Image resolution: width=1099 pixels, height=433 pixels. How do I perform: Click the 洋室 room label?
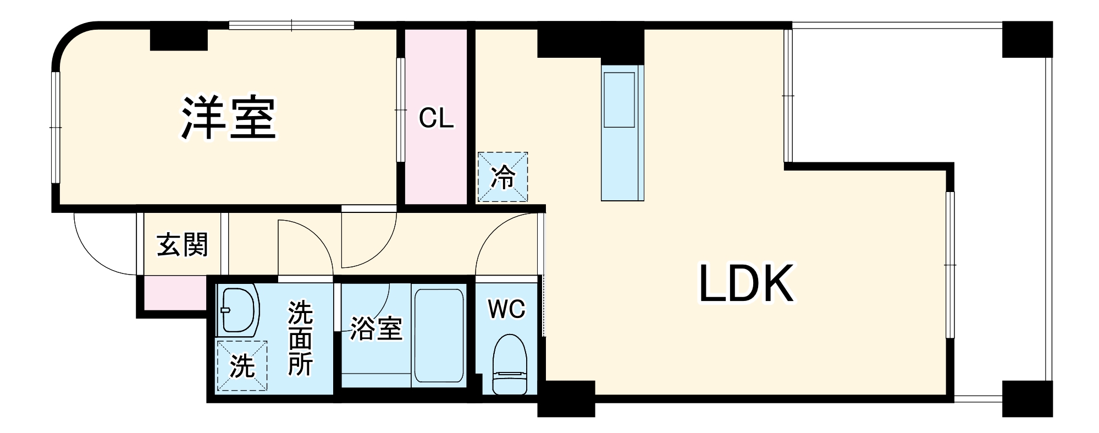tap(228, 118)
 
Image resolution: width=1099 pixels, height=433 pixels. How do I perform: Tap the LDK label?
tap(746, 283)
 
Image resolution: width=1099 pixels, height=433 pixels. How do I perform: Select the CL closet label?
tap(436, 118)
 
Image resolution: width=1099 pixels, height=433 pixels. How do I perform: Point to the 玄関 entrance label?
tap(183, 245)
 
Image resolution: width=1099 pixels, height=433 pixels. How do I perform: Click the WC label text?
tap(506, 309)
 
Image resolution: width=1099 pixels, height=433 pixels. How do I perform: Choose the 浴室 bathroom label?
tap(376, 328)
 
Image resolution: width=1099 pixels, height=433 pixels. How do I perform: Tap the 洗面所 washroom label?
tap(300, 338)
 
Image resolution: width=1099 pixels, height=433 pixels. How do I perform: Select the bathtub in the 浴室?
tap(438, 335)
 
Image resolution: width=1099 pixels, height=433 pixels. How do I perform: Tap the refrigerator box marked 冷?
tap(502, 177)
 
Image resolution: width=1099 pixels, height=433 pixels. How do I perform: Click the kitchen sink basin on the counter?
tap(620, 100)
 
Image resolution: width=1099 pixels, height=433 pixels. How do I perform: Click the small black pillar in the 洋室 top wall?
tap(179, 39)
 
